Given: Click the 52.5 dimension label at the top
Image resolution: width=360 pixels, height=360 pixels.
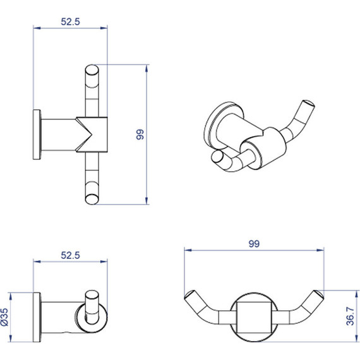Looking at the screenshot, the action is point(70,21).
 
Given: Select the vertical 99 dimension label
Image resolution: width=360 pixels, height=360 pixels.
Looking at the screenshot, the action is point(140,135).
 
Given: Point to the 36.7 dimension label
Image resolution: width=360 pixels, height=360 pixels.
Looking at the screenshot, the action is point(351,316).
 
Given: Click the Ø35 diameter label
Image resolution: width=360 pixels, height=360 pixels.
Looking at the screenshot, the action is point(4,317).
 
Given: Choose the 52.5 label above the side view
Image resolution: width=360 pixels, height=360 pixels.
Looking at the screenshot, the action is point(70,255).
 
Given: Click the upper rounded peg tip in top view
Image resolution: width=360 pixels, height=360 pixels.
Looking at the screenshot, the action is point(92,70).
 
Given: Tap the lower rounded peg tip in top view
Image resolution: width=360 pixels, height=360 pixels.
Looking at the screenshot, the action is point(92,199).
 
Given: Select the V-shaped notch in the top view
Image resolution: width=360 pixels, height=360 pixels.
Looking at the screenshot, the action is point(84,135).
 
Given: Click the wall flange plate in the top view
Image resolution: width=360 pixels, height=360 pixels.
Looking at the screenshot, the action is point(37,135).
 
